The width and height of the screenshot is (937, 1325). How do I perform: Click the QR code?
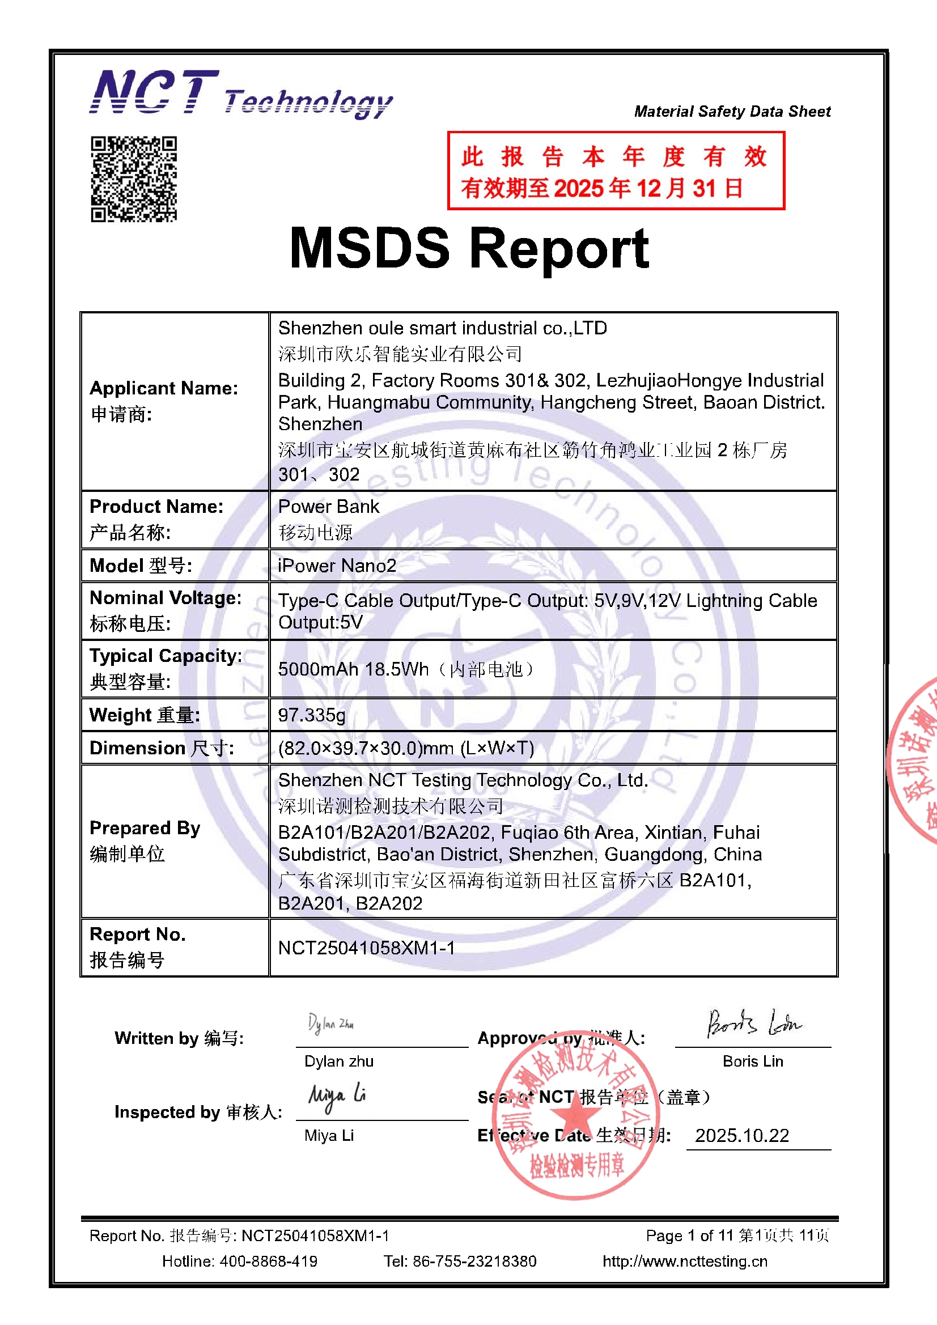tap(133, 179)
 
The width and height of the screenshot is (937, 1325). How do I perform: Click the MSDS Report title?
tap(469, 248)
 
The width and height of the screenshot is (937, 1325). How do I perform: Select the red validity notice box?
tap(616, 171)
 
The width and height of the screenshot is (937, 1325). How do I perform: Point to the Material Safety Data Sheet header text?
tap(732, 112)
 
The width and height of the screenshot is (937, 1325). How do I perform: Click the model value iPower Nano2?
tap(337, 566)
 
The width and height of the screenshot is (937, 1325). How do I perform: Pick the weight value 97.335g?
tap(312, 715)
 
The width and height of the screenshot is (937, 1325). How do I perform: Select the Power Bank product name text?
tap(329, 507)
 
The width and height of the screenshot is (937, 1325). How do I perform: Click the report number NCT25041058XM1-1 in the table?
tap(367, 948)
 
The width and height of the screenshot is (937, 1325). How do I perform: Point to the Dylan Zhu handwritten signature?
tap(331, 1024)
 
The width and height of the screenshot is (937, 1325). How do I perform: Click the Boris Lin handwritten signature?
tap(753, 1023)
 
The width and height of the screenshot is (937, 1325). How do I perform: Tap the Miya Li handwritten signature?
tap(337, 1097)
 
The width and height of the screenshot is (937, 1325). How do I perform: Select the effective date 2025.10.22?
tap(742, 1136)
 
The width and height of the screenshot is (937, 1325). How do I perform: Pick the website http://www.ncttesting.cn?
tap(685, 1262)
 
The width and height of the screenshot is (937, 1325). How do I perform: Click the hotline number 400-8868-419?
tap(269, 1262)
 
